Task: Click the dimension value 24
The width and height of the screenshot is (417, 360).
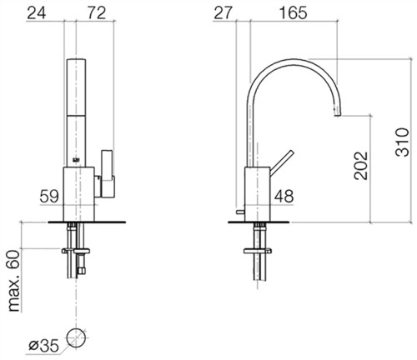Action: click(37, 13)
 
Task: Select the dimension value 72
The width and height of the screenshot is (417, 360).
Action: click(97, 13)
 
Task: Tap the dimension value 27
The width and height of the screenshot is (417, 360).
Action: click(223, 13)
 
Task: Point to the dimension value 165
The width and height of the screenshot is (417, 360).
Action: click(293, 13)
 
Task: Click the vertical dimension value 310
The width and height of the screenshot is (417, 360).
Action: click(402, 142)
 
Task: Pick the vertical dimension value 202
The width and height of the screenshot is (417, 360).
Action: click(361, 166)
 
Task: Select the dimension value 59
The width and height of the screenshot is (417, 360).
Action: click(49, 196)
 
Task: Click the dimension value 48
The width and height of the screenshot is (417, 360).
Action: click(284, 196)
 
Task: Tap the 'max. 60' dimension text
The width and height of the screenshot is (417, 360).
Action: click(14, 281)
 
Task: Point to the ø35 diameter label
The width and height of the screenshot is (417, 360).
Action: click(43, 346)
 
